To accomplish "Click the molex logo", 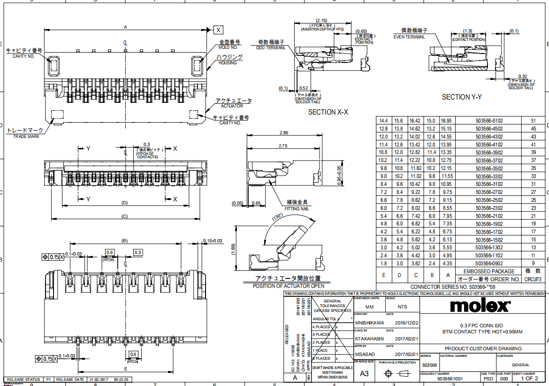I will tap(480, 306).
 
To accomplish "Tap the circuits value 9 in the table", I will tap(533, 263).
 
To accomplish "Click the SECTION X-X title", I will tap(328, 112).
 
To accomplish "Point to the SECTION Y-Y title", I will tap(462, 97).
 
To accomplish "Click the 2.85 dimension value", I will tap(283, 133).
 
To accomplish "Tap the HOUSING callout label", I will tap(228, 62).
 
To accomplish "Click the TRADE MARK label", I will tap(26, 136).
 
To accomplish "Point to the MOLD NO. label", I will tap(229, 47).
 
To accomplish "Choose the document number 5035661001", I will tap(450, 378).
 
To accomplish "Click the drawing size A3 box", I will tap(364, 373).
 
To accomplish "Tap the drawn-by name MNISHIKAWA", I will tap(369, 323).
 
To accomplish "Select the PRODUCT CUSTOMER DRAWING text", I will tap(483, 348).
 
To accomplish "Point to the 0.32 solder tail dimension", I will tap(522, 76).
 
